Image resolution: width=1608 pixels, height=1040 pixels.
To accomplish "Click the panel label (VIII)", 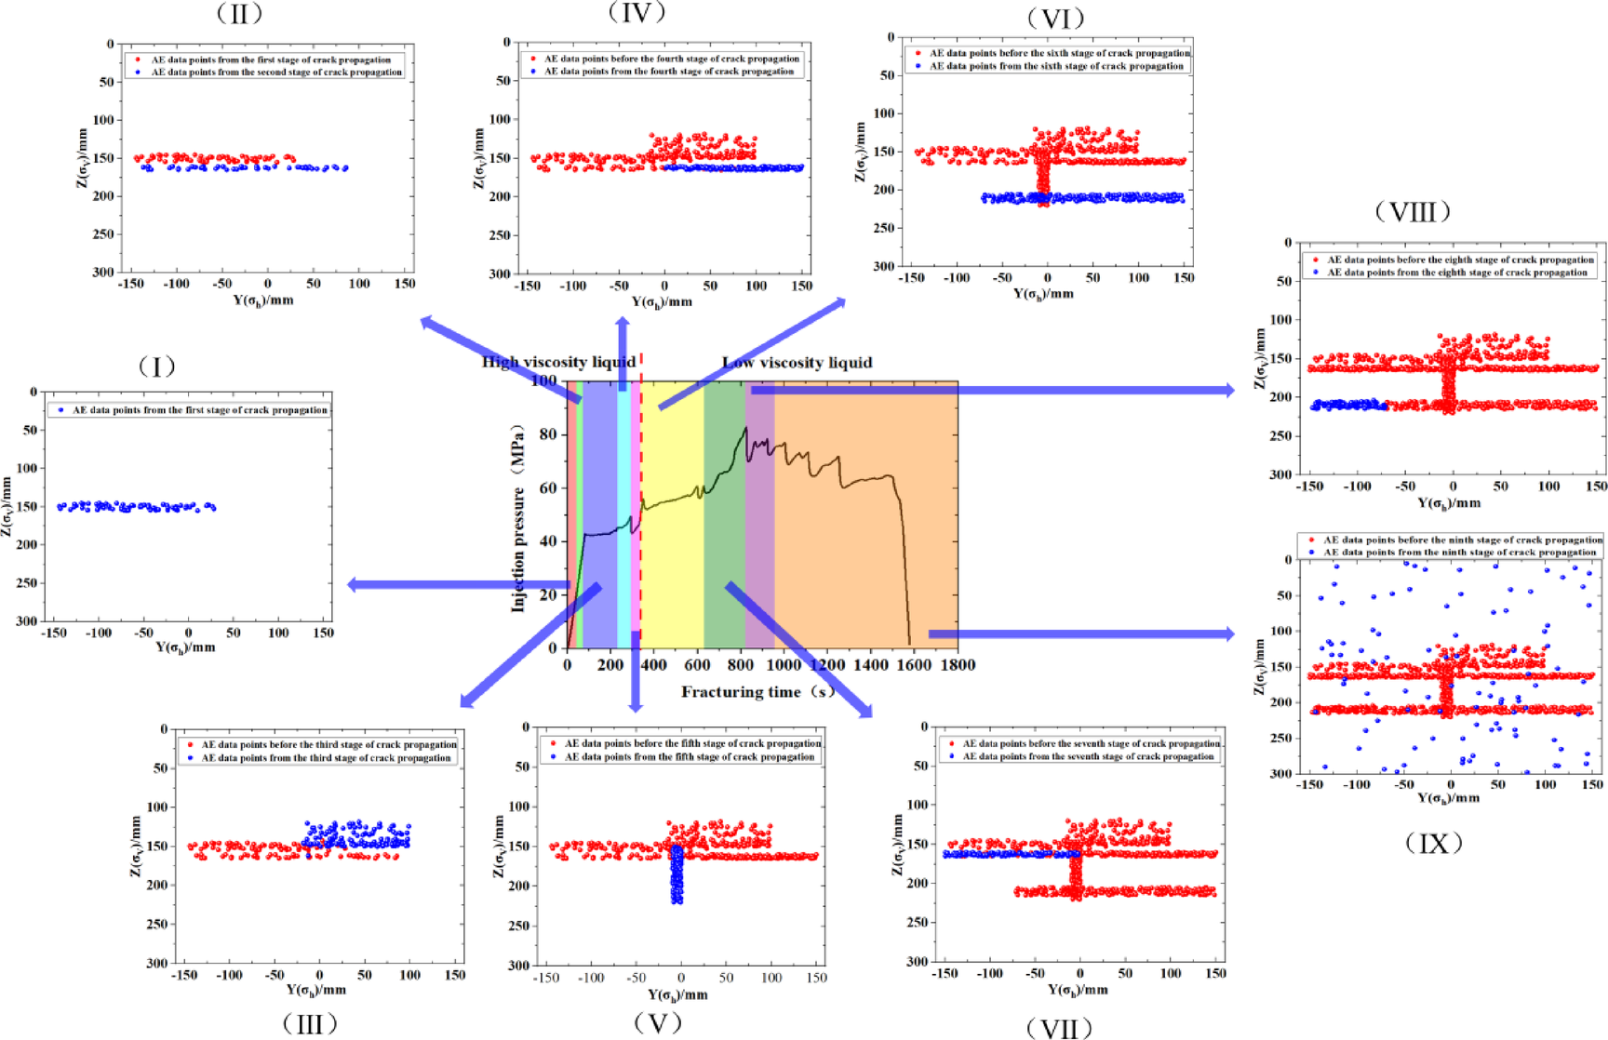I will point(1412,212).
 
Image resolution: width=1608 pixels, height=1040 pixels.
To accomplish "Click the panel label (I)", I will point(156,367).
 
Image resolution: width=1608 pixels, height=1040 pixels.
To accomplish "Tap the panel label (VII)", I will point(1058,1028).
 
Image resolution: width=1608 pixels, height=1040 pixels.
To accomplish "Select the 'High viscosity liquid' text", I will point(558,362).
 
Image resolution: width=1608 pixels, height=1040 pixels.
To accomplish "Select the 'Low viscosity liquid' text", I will point(797,362).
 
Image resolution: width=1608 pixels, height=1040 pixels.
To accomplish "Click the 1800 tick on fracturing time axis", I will point(958,664).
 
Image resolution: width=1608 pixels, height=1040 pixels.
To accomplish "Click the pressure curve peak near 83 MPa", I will point(745,429).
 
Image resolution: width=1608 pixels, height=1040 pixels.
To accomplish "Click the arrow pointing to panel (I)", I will point(456,585).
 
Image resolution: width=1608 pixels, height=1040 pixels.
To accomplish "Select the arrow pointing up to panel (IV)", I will point(623,353).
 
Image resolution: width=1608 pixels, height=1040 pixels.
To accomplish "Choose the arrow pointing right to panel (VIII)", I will point(996,391).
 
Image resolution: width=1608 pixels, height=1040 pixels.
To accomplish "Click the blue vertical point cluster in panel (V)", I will point(677,874).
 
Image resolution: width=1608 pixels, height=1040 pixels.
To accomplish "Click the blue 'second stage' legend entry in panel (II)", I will point(275,72).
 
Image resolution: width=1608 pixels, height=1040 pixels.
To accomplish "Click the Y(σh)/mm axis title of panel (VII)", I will point(1078,989).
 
